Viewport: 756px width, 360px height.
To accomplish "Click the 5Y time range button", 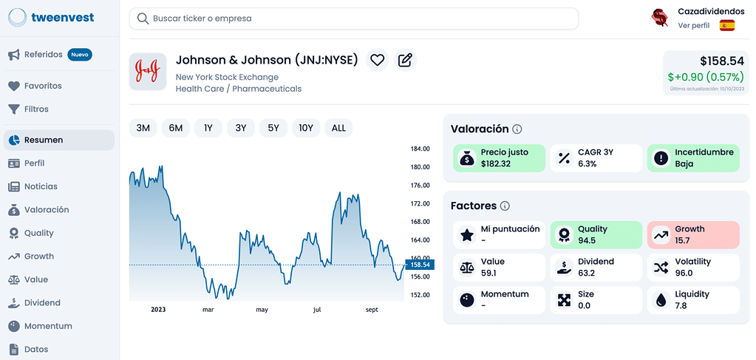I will point(273,128).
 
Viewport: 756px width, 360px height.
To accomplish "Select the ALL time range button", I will point(338,128).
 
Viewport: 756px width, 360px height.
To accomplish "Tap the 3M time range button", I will point(143,128).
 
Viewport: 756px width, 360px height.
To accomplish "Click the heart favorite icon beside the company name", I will point(378,61).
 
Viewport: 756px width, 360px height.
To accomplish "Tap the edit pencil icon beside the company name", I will point(405,61).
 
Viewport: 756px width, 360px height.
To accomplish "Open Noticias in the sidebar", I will point(41,186).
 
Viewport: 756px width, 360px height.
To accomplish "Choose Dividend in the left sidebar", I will point(42,302).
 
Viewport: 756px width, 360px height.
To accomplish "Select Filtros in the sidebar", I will point(36,109).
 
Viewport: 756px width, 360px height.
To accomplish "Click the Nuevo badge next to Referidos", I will point(79,54).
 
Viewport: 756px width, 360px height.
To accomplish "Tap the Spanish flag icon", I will point(727,25).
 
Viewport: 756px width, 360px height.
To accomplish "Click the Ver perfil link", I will point(693,25).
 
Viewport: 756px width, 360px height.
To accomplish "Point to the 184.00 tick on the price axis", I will point(420,149).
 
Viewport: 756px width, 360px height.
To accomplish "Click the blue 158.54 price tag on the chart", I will point(420,265).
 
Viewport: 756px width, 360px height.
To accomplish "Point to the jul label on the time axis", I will point(318,310).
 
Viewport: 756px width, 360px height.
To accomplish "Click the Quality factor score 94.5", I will point(588,240).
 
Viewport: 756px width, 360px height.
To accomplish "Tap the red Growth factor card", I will point(692,234).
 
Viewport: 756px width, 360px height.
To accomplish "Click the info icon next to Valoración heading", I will point(517,129).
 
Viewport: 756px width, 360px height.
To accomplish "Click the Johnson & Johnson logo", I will point(148,71).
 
